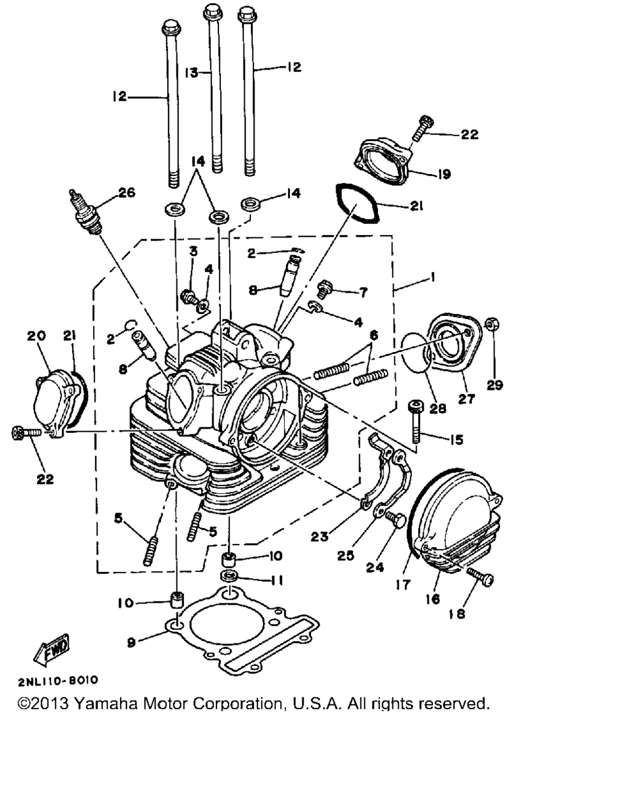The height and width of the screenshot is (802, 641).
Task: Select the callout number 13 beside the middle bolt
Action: (192, 73)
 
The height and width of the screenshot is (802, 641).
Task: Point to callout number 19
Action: (444, 174)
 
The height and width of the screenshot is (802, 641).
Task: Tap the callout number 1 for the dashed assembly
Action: (433, 276)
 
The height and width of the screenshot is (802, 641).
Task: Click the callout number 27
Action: (466, 398)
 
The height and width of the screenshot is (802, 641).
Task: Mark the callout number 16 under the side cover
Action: (433, 599)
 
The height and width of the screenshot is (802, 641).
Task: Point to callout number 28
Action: (437, 408)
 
